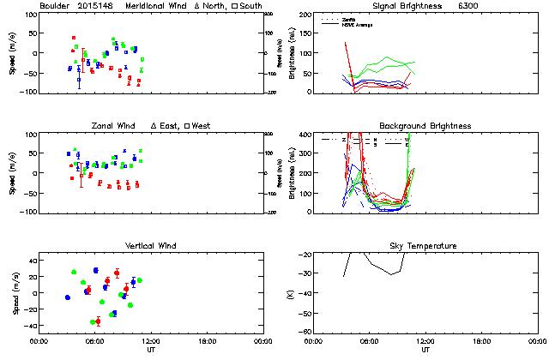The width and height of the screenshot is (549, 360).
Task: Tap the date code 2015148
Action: (x=94, y=6)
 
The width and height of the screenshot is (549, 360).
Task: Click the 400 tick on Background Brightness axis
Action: (x=305, y=135)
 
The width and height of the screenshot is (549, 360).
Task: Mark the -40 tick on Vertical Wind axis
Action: (x=26, y=326)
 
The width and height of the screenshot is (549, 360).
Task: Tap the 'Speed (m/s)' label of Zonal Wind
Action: (x=13, y=172)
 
